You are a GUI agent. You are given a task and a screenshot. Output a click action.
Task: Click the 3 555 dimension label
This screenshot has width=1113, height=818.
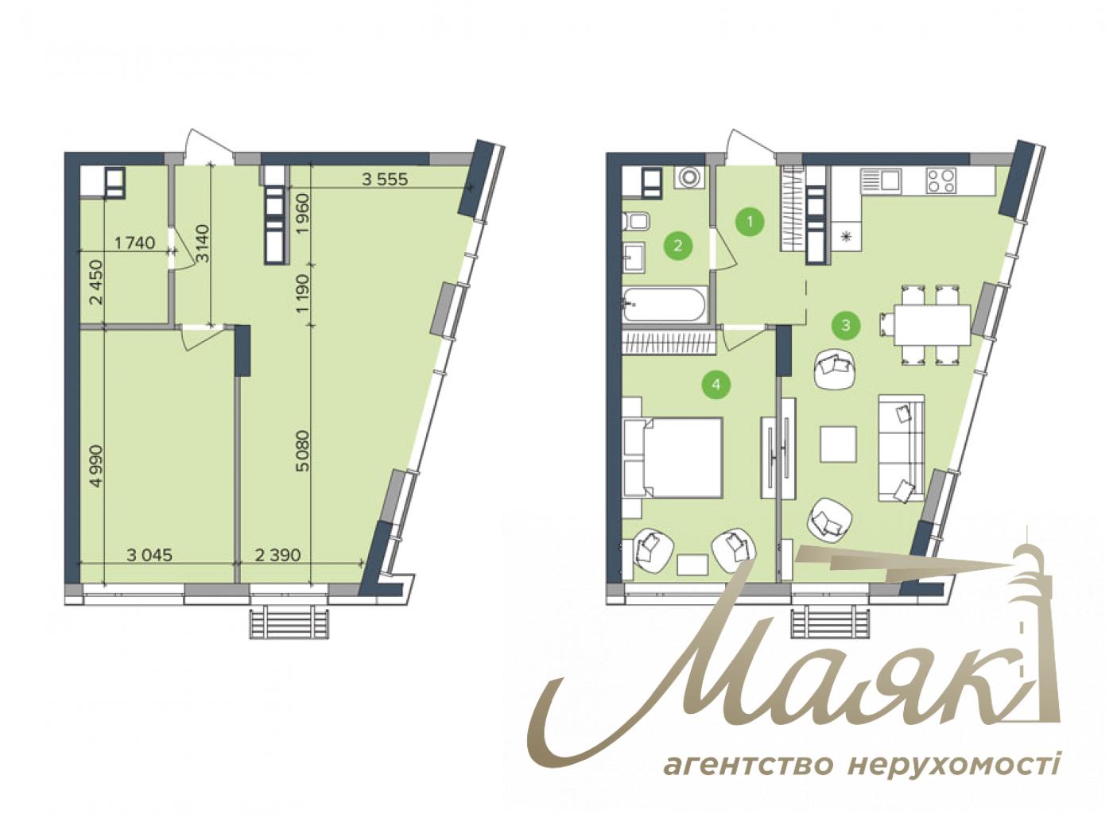(x=385, y=179)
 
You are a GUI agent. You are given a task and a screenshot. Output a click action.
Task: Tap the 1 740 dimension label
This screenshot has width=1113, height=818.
(x=134, y=243)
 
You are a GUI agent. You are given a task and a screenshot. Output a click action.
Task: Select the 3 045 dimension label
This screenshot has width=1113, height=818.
(x=149, y=555)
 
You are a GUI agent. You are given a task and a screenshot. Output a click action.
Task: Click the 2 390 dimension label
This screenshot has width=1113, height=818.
(x=277, y=555)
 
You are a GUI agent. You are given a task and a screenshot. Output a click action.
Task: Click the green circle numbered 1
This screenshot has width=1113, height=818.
(x=750, y=221)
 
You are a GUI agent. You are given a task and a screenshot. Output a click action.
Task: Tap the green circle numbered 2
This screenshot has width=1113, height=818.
(x=677, y=245)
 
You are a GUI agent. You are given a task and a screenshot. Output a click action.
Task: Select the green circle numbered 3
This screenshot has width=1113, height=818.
(x=846, y=325)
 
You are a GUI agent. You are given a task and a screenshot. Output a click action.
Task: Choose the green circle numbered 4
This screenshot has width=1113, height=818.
(x=716, y=384)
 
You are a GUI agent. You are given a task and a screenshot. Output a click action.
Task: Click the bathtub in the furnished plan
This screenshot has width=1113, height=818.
(x=665, y=304)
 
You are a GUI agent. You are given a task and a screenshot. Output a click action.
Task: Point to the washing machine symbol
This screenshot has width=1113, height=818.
(x=689, y=178)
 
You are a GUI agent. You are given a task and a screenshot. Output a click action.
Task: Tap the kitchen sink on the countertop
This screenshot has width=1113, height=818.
(x=881, y=180)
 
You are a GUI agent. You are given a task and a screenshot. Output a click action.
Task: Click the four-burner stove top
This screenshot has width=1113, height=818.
(x=941, y=180)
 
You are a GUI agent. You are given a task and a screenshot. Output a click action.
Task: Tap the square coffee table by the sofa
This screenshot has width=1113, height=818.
(x=838, y=444)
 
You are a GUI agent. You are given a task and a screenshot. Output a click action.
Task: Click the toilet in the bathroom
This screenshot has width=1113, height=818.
(x=637, y=222)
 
